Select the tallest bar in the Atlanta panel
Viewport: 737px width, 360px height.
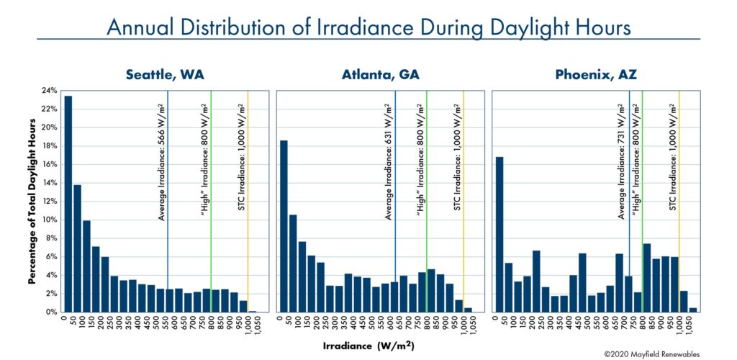[x=284, y=226]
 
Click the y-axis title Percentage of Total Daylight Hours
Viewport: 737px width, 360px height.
[x=33, y=202]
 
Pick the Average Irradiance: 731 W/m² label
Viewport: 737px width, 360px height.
[x=623, y=162]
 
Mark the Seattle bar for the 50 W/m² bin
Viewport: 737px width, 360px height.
[x=78, y=248]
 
